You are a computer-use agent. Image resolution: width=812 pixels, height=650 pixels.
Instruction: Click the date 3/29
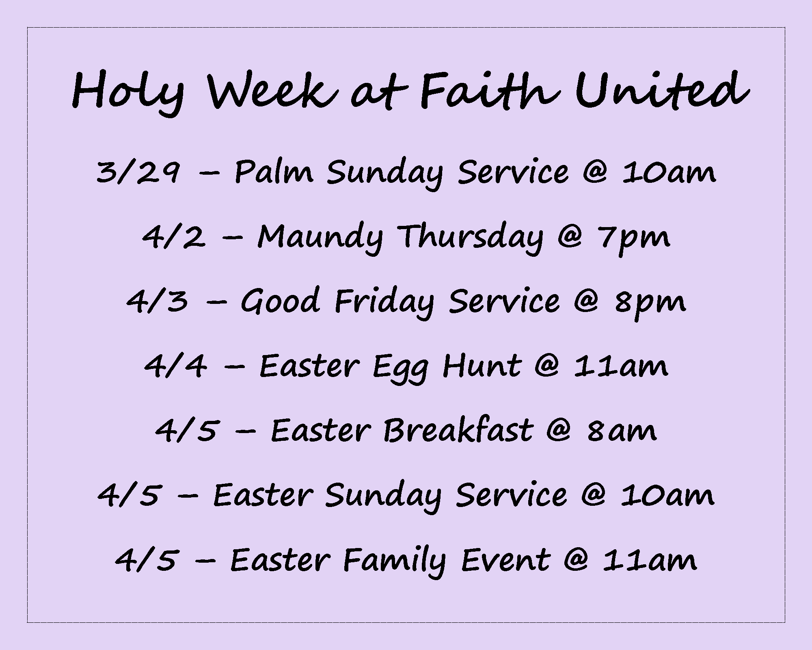[138, 172]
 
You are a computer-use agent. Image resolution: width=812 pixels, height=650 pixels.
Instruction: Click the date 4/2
[174, 236]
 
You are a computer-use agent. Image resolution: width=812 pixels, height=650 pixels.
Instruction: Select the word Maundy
[320, 238]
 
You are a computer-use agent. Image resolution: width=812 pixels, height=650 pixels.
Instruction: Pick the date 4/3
[158, 301]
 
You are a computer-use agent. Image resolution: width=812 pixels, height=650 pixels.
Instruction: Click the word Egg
[400, 368]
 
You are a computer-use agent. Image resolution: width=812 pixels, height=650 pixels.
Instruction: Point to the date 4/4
[175, 366]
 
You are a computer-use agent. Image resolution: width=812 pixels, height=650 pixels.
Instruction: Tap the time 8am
[622, 431]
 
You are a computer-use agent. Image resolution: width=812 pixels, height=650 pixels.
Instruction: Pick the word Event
[506, 560]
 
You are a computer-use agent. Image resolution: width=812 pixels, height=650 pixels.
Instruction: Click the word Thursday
[470, 238]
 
